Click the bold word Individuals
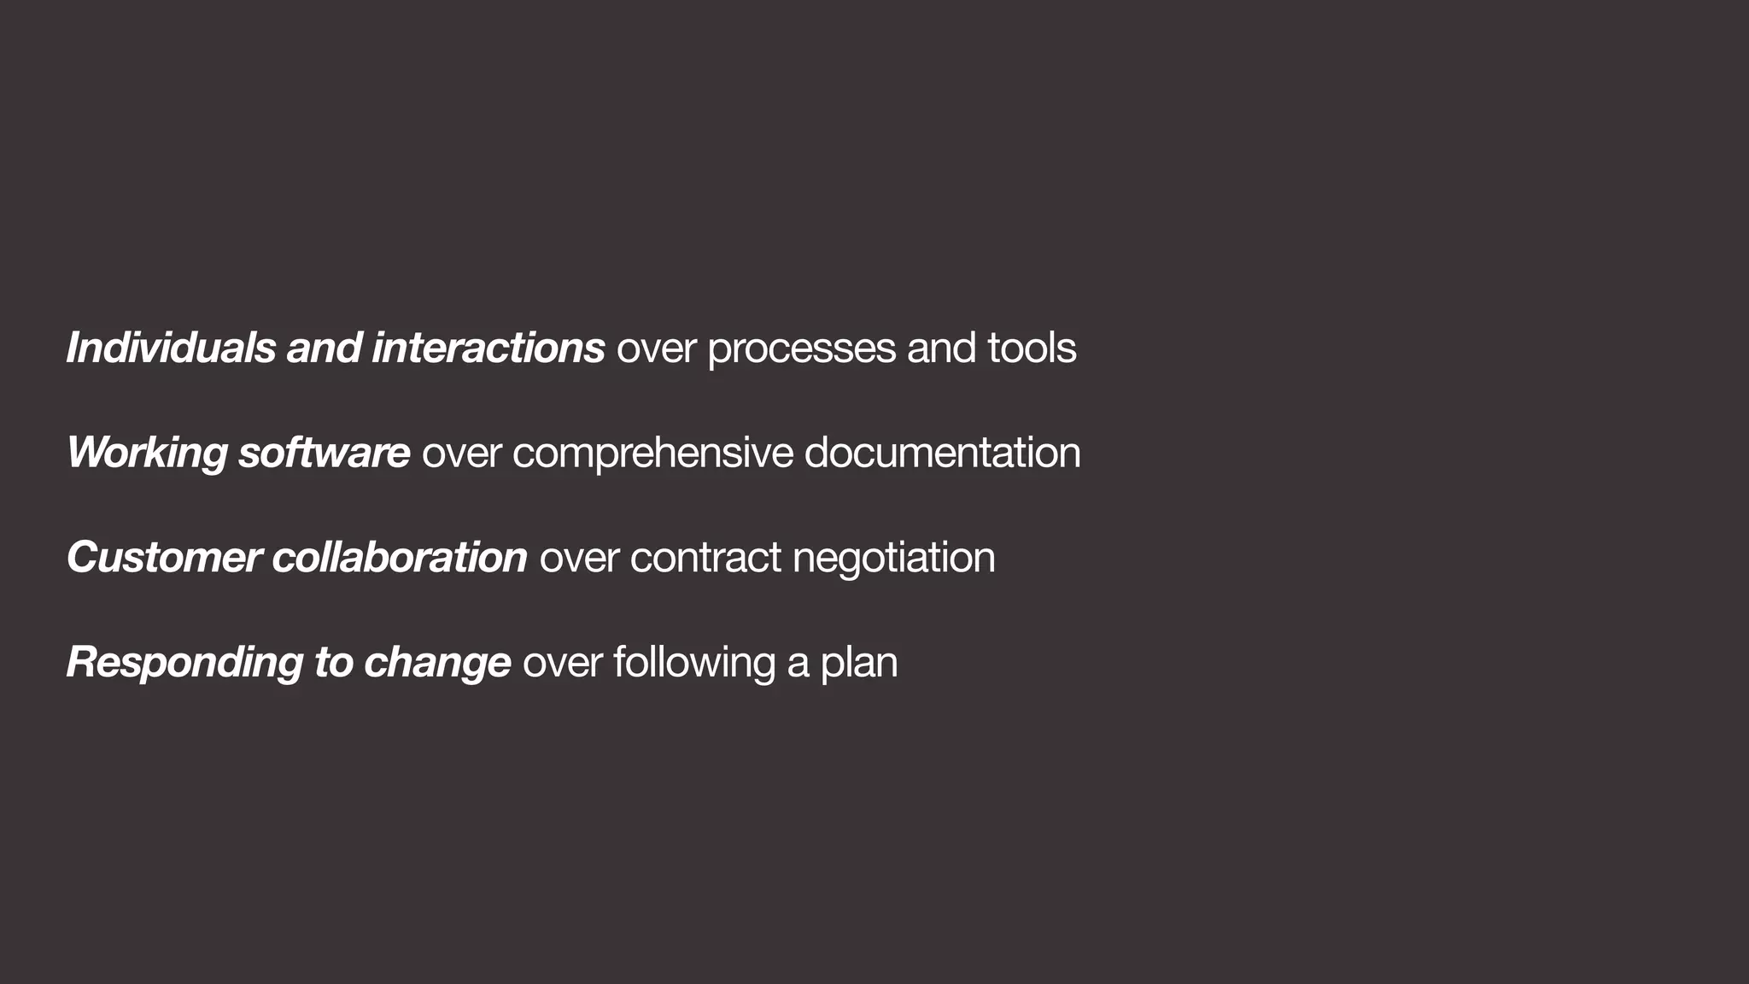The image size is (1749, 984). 171,348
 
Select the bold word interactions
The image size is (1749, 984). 488,348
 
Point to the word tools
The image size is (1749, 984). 1032,348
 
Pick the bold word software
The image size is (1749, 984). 324,452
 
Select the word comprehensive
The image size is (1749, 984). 652,454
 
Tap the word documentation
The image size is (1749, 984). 942,452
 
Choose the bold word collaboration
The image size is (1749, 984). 400,557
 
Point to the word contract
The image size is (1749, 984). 705,558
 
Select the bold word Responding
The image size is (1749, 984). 184,663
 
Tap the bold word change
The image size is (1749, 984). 437,663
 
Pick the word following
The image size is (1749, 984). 693,663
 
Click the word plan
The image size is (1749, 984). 859,663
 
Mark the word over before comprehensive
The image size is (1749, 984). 461,454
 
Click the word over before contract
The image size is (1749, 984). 579,558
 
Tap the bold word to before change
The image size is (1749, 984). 333,663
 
